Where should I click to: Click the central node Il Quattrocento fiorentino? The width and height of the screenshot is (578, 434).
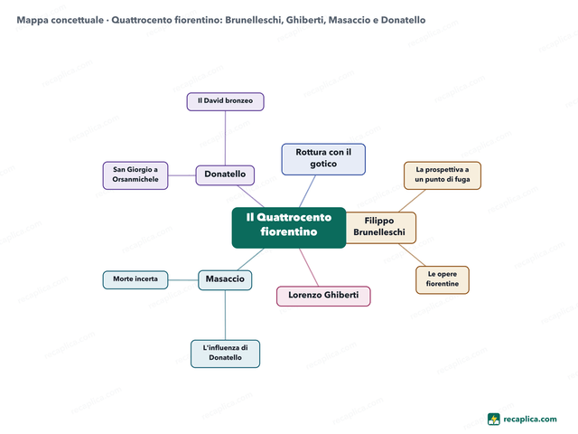[x=289, y=228]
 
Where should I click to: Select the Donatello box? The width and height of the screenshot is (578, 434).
[x=225, y=175]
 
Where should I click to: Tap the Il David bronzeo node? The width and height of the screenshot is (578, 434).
[x=225, y=101]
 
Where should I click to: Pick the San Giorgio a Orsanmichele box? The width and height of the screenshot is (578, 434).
[x=135, y=175]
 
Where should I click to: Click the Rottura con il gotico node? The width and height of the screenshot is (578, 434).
[x=323, y=159]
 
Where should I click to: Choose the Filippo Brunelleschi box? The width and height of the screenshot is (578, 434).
[x=379, y=228]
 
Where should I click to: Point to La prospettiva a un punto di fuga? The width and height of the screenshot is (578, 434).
[x=443, y=175]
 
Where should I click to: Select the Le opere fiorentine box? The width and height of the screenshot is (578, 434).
[x=443, y=280]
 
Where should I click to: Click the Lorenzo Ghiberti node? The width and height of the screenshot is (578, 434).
[x=323, y=296]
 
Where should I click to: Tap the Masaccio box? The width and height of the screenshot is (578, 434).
[x=225, y=280]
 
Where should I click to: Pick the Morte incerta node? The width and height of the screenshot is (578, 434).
[x=135, y=280]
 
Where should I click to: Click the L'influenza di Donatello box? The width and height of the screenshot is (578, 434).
[x=225, y=354]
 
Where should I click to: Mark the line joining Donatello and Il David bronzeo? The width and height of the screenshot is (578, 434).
[x=225, y=138]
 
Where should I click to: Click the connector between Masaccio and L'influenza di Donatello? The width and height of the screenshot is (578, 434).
[x=225, y=315]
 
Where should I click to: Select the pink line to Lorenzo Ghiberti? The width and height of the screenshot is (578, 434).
[x=309, y=268]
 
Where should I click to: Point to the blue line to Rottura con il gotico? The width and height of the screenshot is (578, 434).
[x=307, y=191]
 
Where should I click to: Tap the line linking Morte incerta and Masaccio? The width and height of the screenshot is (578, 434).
[x=183, y=280]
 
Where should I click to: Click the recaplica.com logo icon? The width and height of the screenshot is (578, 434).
[x=494, y=420]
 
